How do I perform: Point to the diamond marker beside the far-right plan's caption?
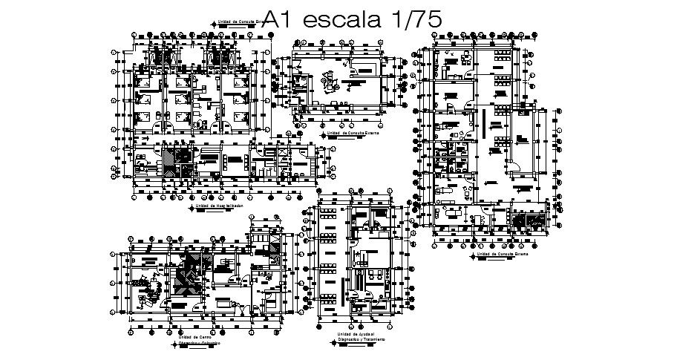(472, 258)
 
